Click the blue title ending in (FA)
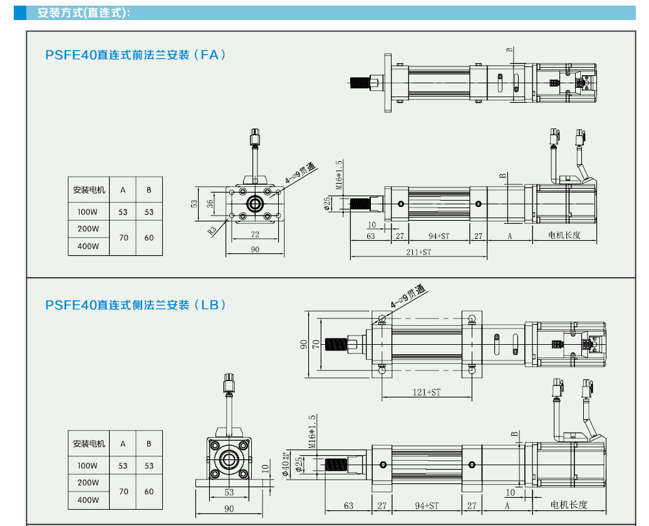[135, 55]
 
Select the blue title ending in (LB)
[135, 305]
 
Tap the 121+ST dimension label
[427, 392]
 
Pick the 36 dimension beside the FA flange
[210, 204]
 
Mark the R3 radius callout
[212, 229]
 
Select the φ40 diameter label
[286, 465]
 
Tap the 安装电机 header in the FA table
[89, 190]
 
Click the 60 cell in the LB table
[149, 492]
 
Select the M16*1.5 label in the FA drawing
[339, 175]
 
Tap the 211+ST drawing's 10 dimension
[371, 224]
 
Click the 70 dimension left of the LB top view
[316, 344]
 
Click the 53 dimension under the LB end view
[229, 492]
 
